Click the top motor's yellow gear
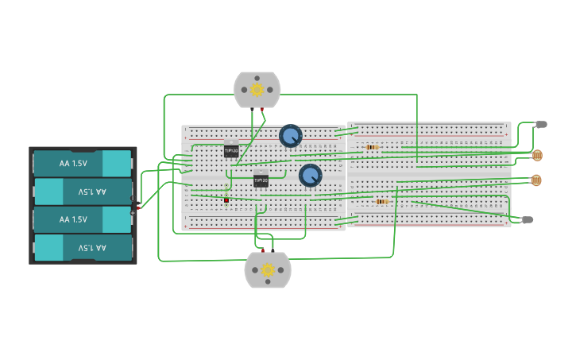pyautogui.click(x=257, y=90)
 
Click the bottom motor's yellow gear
pyautogui.click(x=268, y=270)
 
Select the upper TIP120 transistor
pyautogui.click(x=231, y=149)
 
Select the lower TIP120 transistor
pyautogui.click(x=261, y=180)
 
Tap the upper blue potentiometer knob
pyautogui.click(x=291, y=136)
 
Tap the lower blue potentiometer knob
pyautogui.click(x=310, y=175)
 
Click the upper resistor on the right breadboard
pyautogui.click(x=372, y=147)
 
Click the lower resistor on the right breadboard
pyautogui.click(x=382, y=202)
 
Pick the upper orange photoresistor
pyautogui.click(x=537, y=155)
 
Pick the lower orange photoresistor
pyautogui.click(x=535, y=180)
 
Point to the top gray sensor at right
pyautogui.click(x=541, y=124)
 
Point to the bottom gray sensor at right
pyautogui.click(x=528, y=219)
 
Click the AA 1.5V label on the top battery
pyautogui.click(x=73, y=164)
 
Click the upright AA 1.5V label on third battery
pyautogui.click(x=73, y=219)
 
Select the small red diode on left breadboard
pyautogui.click(x=226, y=200)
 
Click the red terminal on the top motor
pyautogui.click(x=261, y=109)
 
